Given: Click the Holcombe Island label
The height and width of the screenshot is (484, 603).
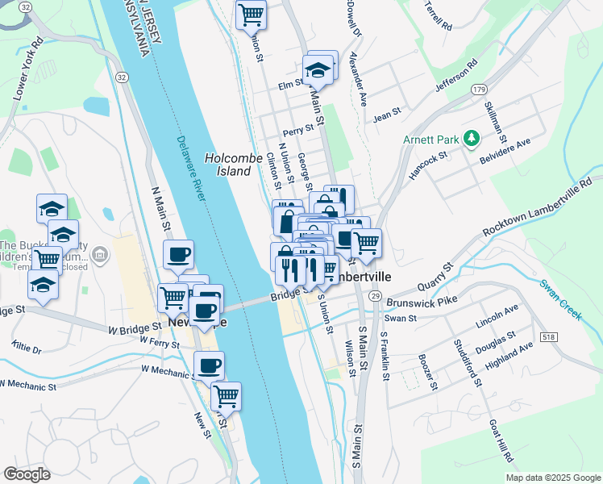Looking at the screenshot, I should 228,165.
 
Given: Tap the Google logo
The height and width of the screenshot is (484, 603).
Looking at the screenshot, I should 27,474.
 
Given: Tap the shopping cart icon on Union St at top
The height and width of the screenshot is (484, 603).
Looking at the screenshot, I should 251,14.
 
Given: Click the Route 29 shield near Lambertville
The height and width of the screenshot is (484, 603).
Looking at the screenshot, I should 376,297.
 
